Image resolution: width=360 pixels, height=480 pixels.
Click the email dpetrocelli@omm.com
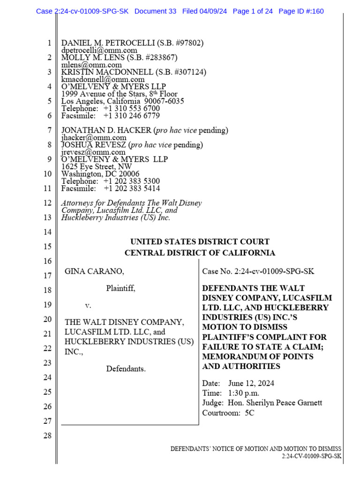pos(99,50)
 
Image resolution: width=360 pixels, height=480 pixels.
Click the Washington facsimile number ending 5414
pos(132,188)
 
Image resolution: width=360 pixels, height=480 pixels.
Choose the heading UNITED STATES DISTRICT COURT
pos(200,242)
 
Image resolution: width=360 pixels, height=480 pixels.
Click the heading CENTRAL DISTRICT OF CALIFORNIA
pos(200,253)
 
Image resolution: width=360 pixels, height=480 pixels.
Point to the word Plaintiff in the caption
pos(120,288)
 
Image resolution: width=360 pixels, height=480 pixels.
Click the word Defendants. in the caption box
pos(126,369)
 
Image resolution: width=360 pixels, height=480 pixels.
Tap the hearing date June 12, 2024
pos(251,383)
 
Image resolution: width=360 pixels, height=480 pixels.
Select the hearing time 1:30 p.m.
pos(244,393)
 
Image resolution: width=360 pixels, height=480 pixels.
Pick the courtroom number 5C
pos(249,413)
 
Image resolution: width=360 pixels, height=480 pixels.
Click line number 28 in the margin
pos(47,436)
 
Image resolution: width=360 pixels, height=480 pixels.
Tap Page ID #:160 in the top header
pos(301,11)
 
